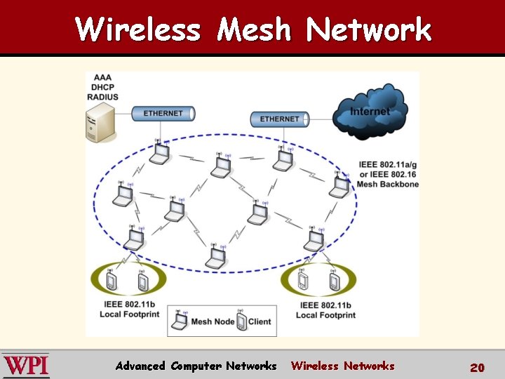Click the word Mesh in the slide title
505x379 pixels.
click(x=253, y=29)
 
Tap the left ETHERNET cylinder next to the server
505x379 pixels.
click(x=163, y=114)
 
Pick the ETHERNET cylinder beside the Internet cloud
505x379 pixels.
click(x=279, y=119)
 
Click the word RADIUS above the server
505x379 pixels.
click(x=102, y=96)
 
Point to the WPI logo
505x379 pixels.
click(x=25, y=366)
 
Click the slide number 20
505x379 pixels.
click(x=477, y=367)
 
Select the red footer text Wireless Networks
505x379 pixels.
click(x=342, y=366)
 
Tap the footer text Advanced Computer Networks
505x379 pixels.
click(x=196, y=366)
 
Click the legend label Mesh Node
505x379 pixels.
click(x=211, y=322)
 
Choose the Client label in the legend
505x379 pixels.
click(x=259, y=322)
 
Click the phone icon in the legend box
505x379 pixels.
click(x=241, y=321)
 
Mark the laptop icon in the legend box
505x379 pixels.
click(x=181, y=321)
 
